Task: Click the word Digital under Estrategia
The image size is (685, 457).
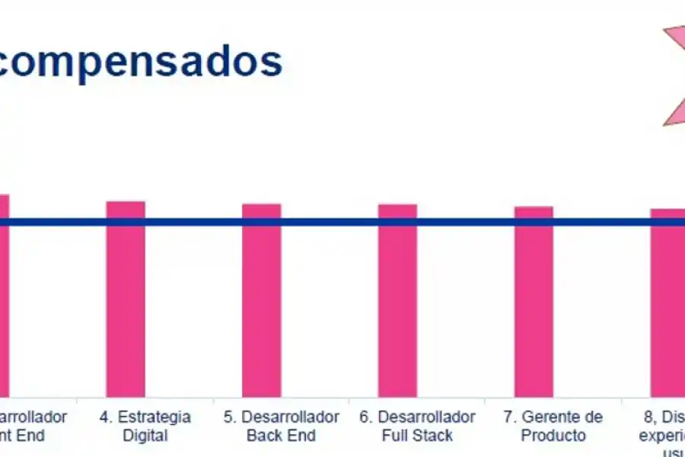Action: pyautogui.click(x=145, y=436)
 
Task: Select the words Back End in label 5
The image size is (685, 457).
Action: pyautogui.click(x=281, y=436)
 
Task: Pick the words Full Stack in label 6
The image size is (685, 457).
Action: pyautogui.click(x=417, y=436)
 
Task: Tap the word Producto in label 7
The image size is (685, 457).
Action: pyautogui.click(x=553, y=436)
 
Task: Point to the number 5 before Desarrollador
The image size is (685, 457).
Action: pyautogui.click(x=228, y=417)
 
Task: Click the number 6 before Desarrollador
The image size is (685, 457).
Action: pyautogui.click(x=365, y=417)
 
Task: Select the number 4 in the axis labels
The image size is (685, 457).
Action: pyautogui.click(x=104, y=417)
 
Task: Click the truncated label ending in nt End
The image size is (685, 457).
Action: pyautogui.click(x=23, y=436)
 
